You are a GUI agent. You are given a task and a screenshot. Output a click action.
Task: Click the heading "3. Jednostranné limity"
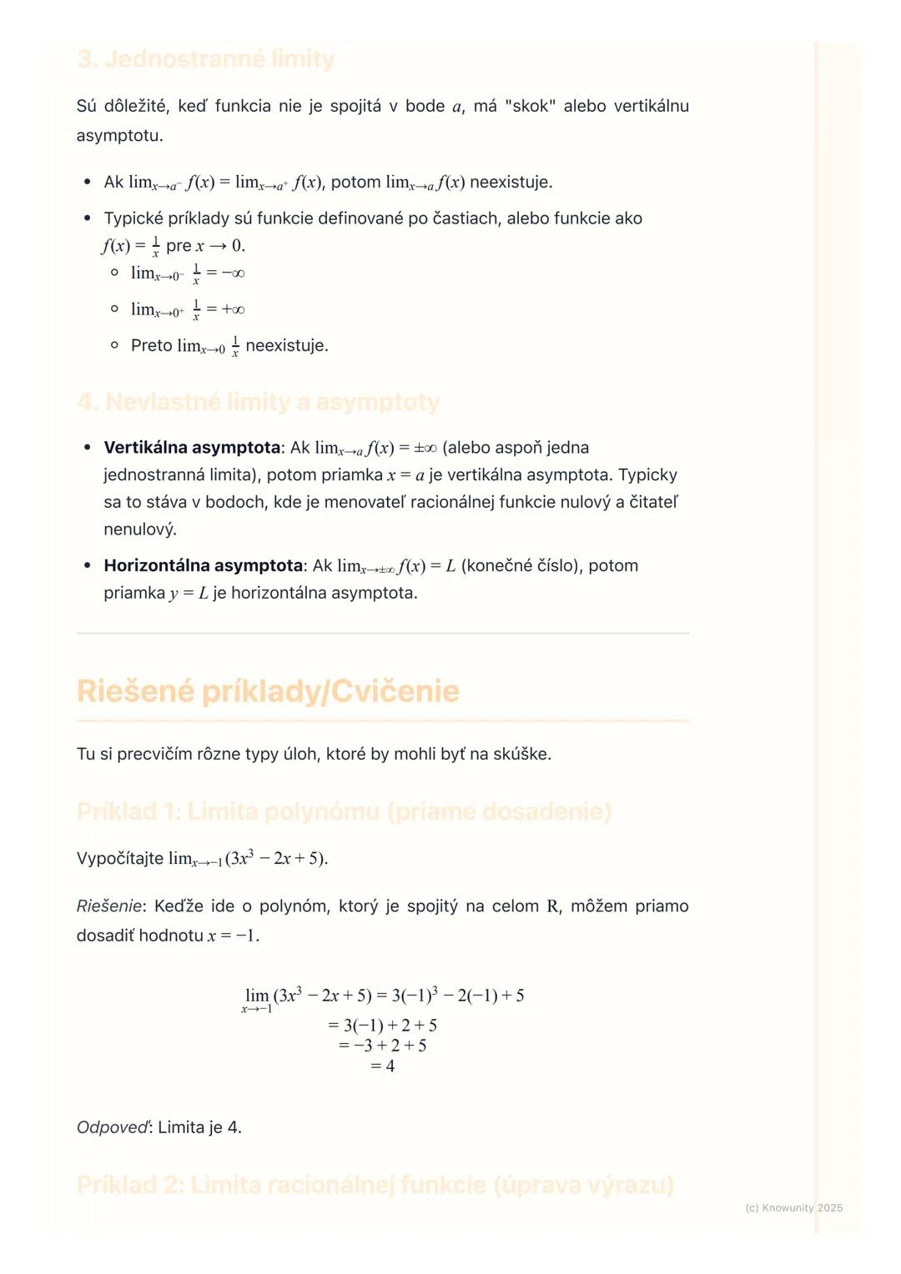205,59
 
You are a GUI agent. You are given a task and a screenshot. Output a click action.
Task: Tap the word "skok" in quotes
530,106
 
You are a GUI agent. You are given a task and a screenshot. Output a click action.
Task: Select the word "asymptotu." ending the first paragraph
119,135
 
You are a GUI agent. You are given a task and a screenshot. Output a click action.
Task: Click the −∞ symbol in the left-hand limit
233,273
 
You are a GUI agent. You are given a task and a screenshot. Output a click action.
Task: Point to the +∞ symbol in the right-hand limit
233,309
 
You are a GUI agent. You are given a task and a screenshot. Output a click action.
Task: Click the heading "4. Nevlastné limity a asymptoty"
258,402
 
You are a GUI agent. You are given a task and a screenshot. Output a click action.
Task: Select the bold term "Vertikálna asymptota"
191,448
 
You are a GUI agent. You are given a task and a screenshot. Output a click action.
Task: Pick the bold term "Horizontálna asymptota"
203,565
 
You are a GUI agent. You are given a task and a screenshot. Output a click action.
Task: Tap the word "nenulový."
140,529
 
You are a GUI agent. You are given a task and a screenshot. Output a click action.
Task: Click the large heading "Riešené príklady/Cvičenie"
268,691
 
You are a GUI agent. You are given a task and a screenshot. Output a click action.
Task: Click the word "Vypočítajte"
120,858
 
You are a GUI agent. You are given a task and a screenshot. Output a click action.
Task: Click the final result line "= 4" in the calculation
383,1066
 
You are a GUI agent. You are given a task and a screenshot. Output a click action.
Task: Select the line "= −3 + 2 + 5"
383,1046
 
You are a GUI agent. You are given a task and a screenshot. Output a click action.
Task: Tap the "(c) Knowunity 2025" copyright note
793,1207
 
